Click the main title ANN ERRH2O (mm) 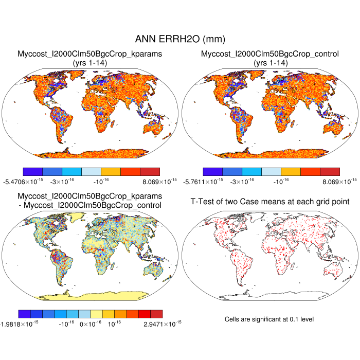coord(179,39)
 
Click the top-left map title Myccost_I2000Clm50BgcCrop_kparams coord(90,53)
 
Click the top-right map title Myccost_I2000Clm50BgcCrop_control coord(270,53)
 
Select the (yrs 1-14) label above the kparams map coord(90,62)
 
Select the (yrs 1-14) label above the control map coord(270,62)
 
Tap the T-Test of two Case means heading coord(270,201)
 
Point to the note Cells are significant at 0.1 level coord(269,319)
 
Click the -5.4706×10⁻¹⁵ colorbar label coord(25,181)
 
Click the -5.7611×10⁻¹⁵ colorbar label coord(205,181)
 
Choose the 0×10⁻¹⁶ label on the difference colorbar coord(91,323)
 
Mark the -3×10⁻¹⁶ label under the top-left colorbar coord(60,181)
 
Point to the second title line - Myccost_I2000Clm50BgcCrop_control coord(90,206)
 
